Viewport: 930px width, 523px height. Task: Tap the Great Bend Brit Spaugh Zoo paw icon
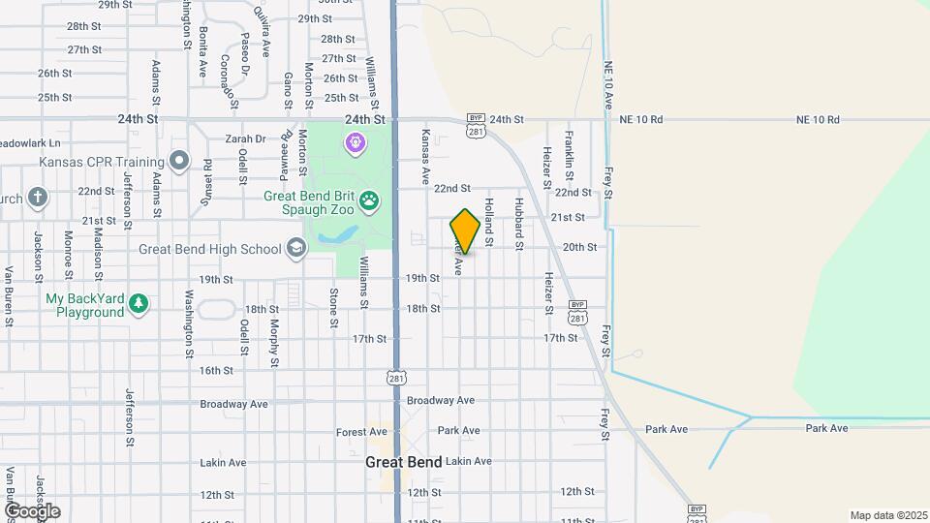point(369,200)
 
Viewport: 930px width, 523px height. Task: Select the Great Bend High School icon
point(295,249)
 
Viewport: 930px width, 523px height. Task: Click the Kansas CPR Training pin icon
point(178,160)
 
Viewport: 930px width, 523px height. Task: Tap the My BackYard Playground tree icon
point(139,304)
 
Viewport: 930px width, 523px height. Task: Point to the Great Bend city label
point(403,462)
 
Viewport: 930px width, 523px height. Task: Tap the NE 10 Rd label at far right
point(817,119)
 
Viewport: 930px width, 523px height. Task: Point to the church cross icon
point(38,198)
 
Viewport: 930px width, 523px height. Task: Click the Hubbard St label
point(519,219)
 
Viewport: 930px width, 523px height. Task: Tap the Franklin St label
point(570,154)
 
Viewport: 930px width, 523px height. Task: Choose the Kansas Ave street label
point(424,156)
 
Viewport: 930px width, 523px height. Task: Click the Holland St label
point(489,220)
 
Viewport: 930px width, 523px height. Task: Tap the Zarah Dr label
point(245,138)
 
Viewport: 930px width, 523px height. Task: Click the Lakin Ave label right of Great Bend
point(469,461)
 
